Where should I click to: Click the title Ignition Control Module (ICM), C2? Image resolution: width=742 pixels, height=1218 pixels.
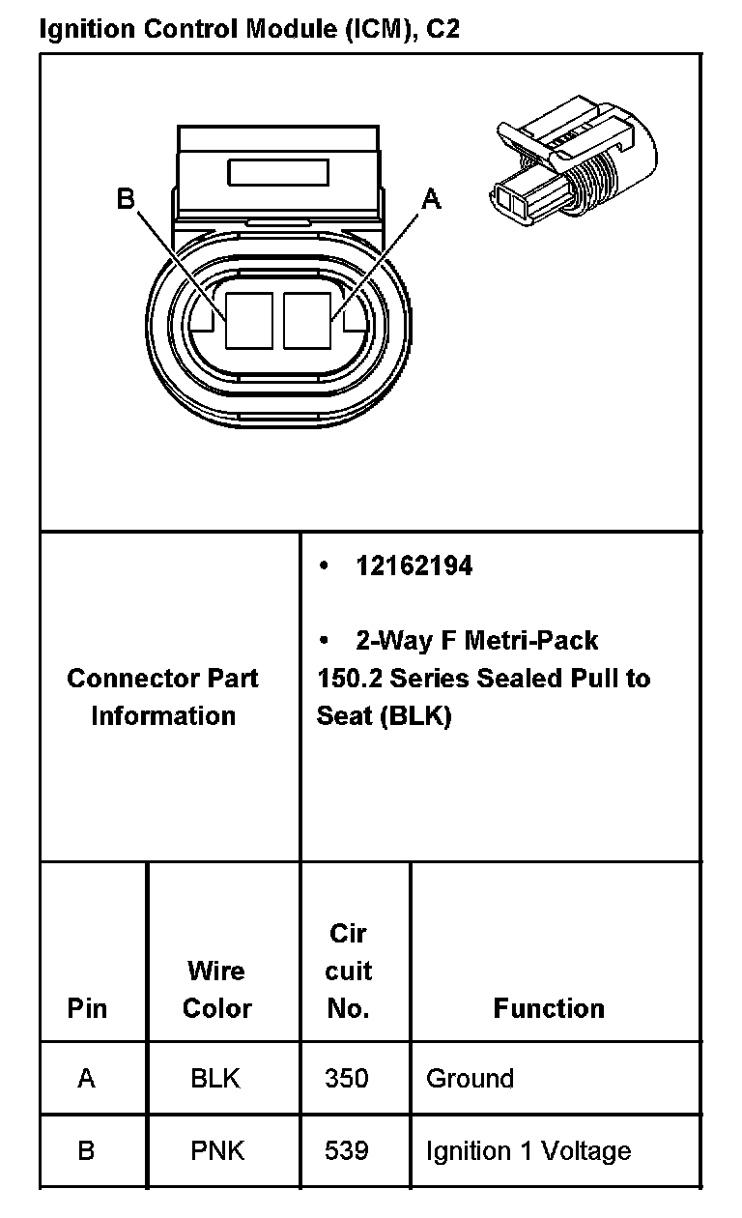click(249, 29)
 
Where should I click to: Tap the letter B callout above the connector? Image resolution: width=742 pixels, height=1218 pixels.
click(126, 199)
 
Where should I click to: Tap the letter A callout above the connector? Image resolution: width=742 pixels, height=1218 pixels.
click(431, 199)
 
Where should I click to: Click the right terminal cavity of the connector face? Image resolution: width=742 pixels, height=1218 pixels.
click(308, 320)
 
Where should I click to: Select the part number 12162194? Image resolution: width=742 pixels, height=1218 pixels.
click(414, 566)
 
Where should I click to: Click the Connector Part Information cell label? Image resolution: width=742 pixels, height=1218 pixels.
click(162, 696)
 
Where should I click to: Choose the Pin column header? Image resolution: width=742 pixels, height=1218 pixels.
click(87, 1008)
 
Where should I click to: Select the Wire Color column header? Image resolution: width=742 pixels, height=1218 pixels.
click(216, 989)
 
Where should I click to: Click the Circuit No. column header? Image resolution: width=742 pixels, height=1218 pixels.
click(348, 971)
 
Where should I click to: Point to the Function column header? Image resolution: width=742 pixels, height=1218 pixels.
click(549, 1008)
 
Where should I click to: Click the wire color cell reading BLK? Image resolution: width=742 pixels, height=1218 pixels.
click(215, 1078)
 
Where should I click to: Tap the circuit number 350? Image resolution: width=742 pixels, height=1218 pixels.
click(347, 1078)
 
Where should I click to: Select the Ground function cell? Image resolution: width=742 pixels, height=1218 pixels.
click(470, 1078)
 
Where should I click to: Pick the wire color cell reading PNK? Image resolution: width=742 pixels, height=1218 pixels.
click(216, 1151)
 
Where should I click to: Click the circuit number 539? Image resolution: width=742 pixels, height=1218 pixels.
click(347, 1151)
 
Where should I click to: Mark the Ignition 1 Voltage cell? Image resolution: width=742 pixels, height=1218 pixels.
click(528, 1151)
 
